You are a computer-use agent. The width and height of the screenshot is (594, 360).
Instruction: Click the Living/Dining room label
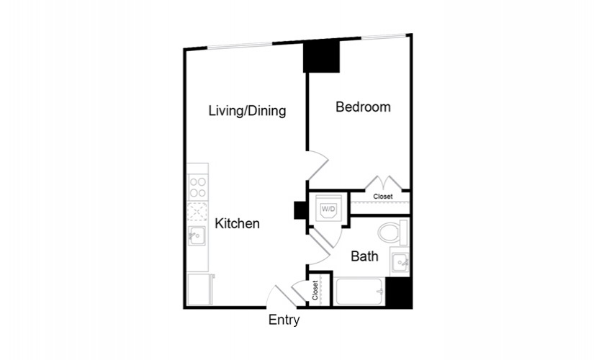click(x=248, y=111)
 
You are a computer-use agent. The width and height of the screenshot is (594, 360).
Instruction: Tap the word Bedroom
click(x=363, y=107)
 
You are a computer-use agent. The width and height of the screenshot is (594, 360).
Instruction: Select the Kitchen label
click(x=237, y=223)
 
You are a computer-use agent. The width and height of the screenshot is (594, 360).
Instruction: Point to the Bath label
click(x=364, y=256)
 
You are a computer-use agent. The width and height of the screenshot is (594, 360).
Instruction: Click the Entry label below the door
click(x=284, y=320)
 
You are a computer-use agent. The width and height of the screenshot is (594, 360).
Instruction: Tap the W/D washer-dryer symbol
click(x=328, y=209)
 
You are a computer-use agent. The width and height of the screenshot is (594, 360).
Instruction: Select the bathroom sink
click(x=400, y=262)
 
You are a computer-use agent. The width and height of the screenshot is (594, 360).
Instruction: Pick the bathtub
click(x=359, y=291)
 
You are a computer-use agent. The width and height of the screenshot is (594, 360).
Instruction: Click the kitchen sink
click(x=197, y=235)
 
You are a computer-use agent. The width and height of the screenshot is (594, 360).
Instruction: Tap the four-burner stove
click(x=198, y=187)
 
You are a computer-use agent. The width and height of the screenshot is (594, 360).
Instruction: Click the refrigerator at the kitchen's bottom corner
click(x=200, y=289)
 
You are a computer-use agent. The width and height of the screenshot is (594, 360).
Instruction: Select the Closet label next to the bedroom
click(x=383, y=197)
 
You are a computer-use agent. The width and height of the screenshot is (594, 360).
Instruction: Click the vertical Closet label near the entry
click(x=315, y=290)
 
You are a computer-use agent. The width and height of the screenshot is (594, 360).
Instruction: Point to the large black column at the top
click(x=321, y=56)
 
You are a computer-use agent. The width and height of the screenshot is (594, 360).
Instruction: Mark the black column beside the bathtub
click(x=398, y=292)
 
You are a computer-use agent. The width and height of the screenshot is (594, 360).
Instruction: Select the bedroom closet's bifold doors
click(x=383, y=183)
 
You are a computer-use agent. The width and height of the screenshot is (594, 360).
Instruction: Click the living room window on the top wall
click(x=240, y=45)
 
